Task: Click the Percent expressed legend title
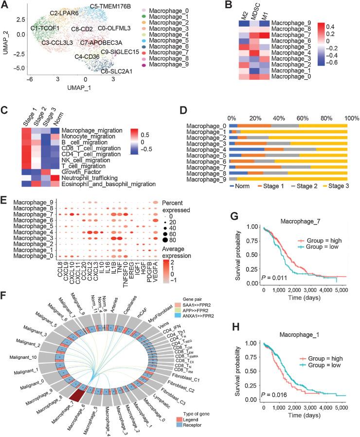click(184, 202)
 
